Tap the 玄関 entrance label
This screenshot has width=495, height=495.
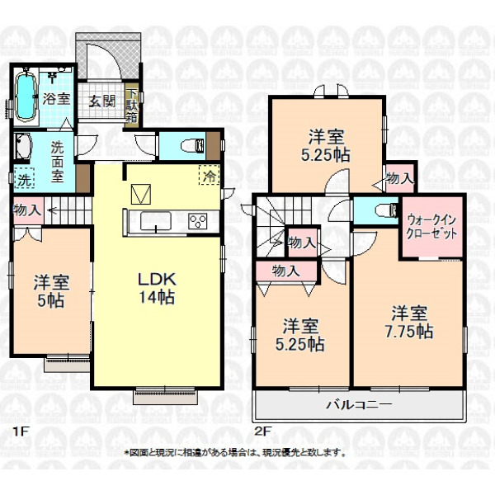pos(101,101)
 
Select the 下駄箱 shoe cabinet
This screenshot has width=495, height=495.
pos(132,106)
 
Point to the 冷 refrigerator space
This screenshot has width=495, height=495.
pos(209,175)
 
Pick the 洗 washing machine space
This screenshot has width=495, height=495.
pos(24,180)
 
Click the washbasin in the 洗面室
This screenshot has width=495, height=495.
pos(23,146)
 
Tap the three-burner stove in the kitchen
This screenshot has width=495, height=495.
pos(197,220)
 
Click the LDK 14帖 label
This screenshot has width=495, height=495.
pos(157,288)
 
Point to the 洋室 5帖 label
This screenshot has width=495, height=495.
pos(51,291)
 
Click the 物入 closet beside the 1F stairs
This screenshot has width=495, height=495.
pos(28,210)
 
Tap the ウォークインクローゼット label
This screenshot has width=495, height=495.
pos(431,226)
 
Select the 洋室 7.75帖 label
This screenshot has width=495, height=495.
pos(409,322)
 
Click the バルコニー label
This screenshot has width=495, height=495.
pos(359,404)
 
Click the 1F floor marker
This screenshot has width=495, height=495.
pos(21,431)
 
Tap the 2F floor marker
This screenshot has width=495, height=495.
pos(262,431)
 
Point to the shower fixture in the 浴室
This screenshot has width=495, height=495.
pos(51,76)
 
